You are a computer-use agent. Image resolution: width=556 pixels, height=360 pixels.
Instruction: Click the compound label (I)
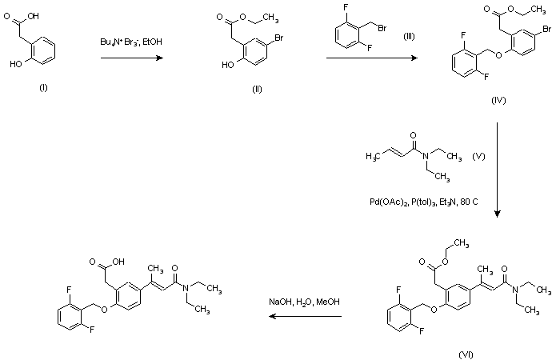pos(43,87)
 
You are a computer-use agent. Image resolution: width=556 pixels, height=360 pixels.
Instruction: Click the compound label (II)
pos(257,87)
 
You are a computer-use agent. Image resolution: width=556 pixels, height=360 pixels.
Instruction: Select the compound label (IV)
pos(500,102)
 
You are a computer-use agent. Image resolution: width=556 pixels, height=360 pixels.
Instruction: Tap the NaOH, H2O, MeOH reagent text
pos(305,302)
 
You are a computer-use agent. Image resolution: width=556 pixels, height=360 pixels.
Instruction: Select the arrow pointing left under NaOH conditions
pos(305,316)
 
